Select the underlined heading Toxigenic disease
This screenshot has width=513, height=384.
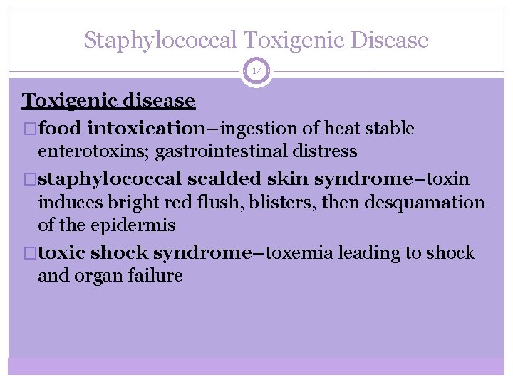pyautogui.click(x=108, y=100)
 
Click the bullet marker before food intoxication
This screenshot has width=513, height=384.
pyautogui.click(x=27, y=129)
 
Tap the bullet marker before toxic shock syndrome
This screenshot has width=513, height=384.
pyautogui.click(x=27, y=254)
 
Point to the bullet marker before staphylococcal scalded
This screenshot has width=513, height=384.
pyautogui.click(x=27, y=179)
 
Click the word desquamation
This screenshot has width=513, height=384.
pyautogui.click(x=425, y=203)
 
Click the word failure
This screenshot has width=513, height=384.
pyautogui.click(x=156, y=276)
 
